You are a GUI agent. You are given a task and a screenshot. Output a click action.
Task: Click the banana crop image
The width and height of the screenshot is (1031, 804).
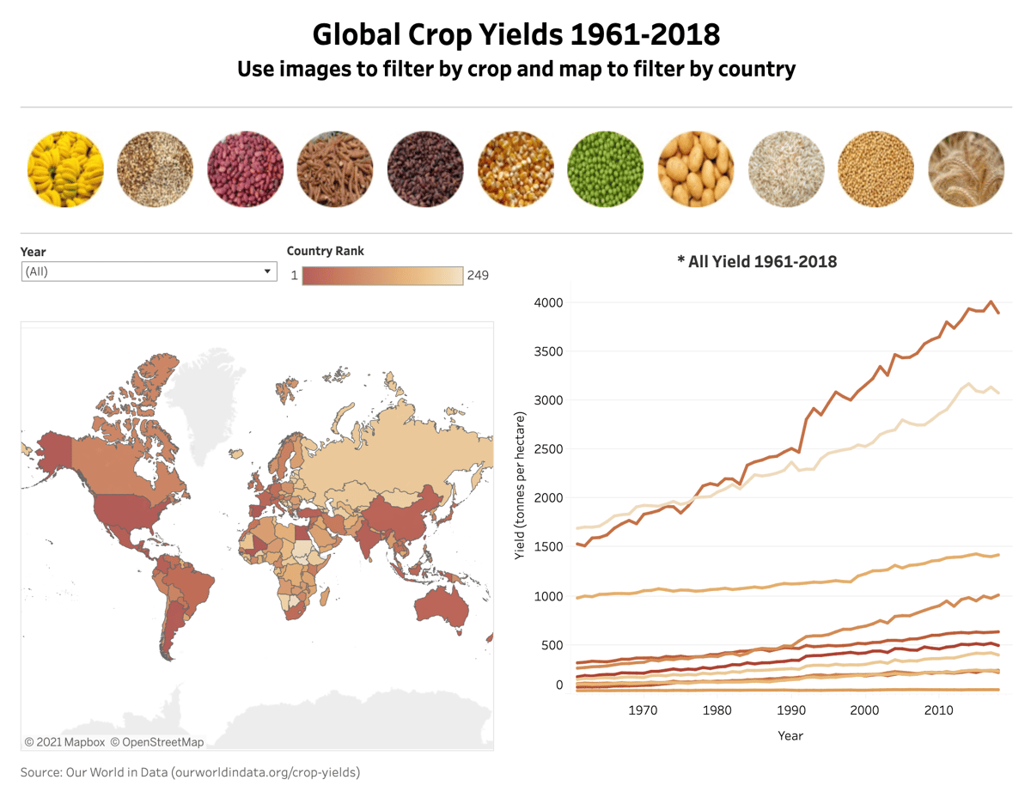[65, 169]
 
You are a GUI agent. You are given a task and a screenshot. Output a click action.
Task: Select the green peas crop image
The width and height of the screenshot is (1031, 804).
[606, 169]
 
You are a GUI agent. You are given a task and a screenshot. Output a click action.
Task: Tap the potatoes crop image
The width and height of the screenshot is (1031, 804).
[696, 169]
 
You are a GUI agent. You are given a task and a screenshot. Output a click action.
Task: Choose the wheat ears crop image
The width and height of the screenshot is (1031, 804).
[966, 169]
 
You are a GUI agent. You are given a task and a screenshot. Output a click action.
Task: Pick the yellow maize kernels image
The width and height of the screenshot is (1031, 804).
[515, 169]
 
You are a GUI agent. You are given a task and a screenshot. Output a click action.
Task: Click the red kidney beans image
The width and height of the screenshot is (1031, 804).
[246, 169]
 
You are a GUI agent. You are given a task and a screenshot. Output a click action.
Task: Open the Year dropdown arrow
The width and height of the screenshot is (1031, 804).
[267, 271]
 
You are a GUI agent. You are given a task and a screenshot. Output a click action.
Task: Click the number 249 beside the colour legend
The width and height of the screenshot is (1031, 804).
[477, 276]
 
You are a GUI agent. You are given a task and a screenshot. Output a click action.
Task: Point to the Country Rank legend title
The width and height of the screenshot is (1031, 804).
[325, 251]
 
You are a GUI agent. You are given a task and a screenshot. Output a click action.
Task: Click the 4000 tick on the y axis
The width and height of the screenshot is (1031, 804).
[547, 302]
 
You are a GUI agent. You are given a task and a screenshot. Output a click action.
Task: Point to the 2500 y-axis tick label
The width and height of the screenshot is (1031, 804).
[547, 449]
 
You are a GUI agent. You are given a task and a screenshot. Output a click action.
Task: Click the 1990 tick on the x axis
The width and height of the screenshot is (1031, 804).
[790, 710]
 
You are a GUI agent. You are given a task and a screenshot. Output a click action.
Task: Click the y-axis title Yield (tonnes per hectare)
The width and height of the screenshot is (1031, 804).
[520, 486]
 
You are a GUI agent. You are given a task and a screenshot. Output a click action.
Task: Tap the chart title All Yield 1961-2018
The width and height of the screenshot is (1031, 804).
[756, 261]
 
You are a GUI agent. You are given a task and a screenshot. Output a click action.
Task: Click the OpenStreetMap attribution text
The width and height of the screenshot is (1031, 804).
[162, 741]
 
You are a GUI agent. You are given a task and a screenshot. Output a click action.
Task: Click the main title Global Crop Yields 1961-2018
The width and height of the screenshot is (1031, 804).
[515, 34]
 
